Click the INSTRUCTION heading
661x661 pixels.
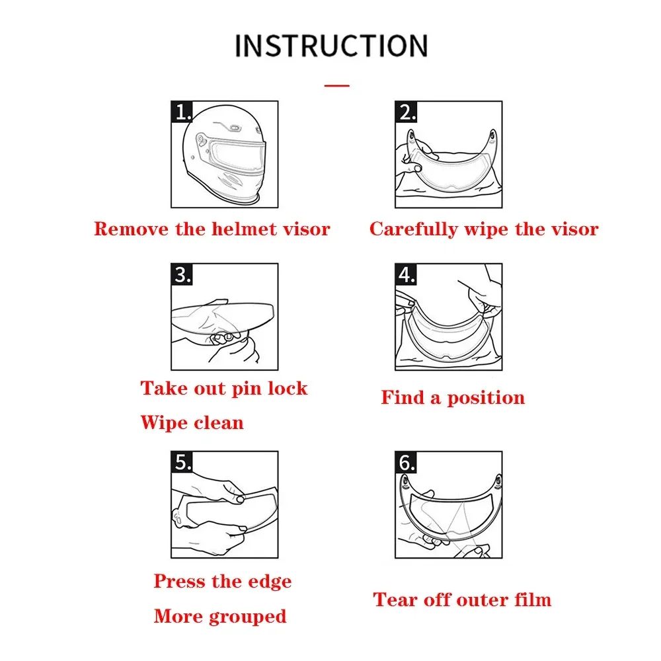tap(330, 46)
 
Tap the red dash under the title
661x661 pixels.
tap(338, 85)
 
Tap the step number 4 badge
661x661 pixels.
tap(406, 274)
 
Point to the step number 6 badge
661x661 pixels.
tap(406, 462)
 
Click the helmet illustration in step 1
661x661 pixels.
tap(225, 155)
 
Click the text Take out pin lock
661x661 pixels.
tap(224, 388)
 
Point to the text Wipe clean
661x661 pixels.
tap(192, 422)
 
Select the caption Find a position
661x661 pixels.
tap(453, 398)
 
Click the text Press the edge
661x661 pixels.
tap(223, 582)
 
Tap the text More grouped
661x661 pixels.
tap(220, 617)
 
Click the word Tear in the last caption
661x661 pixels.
tap(394, 600)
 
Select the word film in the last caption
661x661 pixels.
tap(531, 600)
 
